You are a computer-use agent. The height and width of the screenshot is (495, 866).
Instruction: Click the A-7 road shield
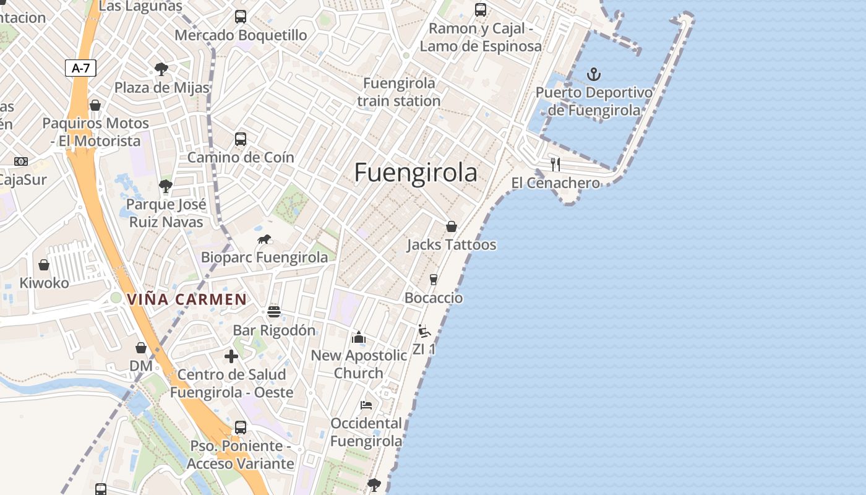(81, 68)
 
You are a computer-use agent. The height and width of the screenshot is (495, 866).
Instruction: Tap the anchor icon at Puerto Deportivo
(594, 74)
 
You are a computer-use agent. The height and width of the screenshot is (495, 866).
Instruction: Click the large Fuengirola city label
(416, 173)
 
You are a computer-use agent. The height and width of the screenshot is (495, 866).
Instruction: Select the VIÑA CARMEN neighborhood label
(187, 299)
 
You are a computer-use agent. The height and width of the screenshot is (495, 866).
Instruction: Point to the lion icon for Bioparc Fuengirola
(264, 239)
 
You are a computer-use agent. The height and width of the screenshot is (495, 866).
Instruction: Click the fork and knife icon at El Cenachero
(555, 165)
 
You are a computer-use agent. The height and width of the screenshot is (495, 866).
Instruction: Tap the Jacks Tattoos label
(452, 245)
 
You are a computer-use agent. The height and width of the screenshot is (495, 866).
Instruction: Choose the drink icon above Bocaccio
(434, 280)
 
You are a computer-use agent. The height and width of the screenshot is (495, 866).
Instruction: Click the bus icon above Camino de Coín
(241, 139)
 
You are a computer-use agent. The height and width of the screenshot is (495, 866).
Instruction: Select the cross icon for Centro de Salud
(231, 356)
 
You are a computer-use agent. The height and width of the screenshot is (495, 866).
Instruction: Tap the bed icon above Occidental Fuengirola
(366, 405)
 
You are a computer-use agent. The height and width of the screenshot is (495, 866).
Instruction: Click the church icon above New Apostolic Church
(359, 337)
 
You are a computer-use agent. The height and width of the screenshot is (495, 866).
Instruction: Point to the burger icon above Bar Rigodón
(274, 312)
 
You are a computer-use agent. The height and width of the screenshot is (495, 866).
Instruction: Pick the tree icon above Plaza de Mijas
(161, 68)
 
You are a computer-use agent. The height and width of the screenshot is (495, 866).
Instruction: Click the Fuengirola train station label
(399, 92)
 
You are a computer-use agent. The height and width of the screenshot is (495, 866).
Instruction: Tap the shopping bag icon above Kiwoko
(44, 265)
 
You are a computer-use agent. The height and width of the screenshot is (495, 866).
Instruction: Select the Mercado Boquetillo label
(241, 35)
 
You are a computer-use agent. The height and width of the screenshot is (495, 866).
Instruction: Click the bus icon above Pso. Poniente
(241, 428)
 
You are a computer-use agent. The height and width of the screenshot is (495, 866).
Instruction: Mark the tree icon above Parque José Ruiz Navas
(165, 186)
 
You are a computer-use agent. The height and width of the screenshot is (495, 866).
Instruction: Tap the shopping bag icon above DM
(141, 348)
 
